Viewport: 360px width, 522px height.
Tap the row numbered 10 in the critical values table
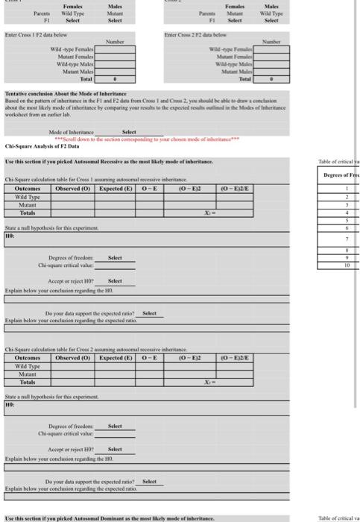coord(346,265)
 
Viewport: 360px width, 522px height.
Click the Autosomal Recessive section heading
coord(109,162)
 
